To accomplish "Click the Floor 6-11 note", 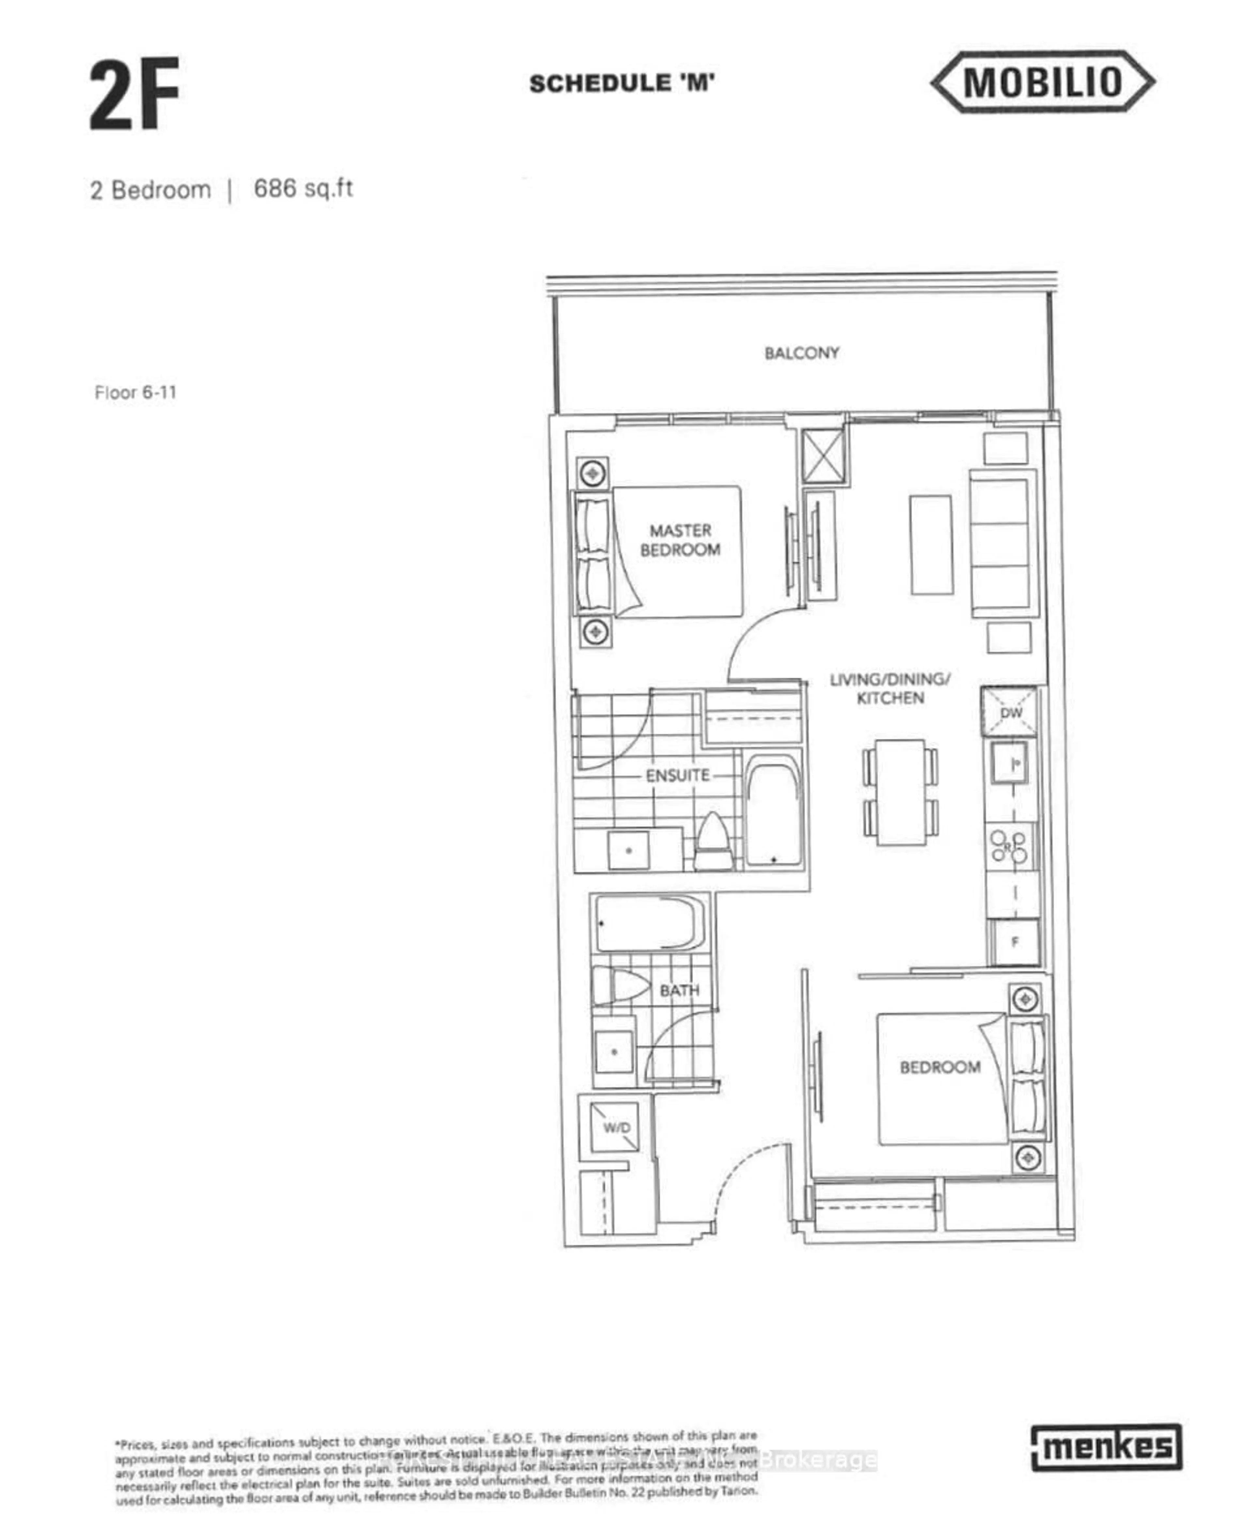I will (136, 392).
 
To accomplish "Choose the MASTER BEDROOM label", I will (680, 540).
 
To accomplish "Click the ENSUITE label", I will (677, 776).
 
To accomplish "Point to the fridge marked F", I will (1015, 942).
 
